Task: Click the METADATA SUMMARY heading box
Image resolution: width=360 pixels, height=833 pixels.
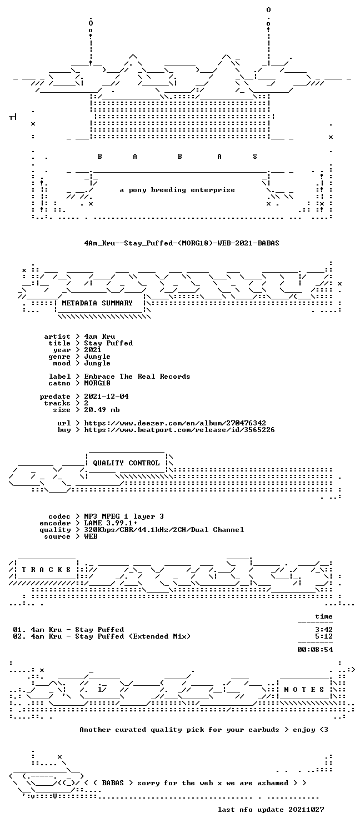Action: pos(99,303)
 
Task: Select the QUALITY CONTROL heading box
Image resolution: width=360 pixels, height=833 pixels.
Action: pos(126,463)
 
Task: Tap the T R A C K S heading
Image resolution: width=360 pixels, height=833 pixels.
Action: pos(46,569)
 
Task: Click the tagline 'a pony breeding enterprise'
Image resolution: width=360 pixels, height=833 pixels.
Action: pos(177,190)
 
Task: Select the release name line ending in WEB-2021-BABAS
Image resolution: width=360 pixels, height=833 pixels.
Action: pos(182,243)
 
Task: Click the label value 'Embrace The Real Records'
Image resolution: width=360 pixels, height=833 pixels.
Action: pos(137,377)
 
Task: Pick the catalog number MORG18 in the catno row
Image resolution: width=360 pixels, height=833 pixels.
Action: pos(97,383)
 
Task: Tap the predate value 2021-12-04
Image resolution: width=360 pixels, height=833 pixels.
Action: pos(106,397)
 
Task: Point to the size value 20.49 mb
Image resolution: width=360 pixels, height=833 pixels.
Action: pos(102,410)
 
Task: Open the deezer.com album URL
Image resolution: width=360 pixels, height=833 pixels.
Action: pos(175,423)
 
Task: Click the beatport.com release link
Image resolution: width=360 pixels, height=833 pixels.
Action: pos(179,430)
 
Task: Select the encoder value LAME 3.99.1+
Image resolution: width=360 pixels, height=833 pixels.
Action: pos(111,523)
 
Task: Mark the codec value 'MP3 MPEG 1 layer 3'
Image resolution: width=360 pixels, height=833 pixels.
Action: pos(124,516)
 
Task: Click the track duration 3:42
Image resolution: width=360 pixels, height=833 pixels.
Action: pos(323,630)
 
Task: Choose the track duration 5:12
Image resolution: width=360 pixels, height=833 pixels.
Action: pos(323,636)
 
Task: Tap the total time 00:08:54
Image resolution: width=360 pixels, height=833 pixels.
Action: pos(315,650)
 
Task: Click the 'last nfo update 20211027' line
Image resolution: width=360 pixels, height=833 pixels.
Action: pos(271,810)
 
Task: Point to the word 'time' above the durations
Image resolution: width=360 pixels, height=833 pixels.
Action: pos(323,616)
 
